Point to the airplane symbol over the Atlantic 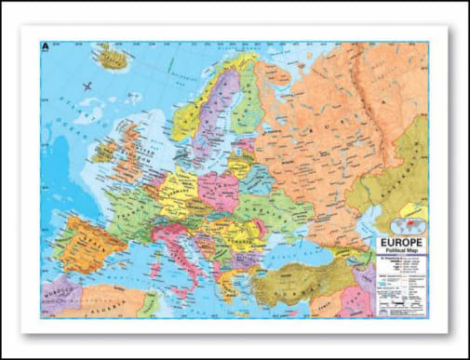tap(88, 87)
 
